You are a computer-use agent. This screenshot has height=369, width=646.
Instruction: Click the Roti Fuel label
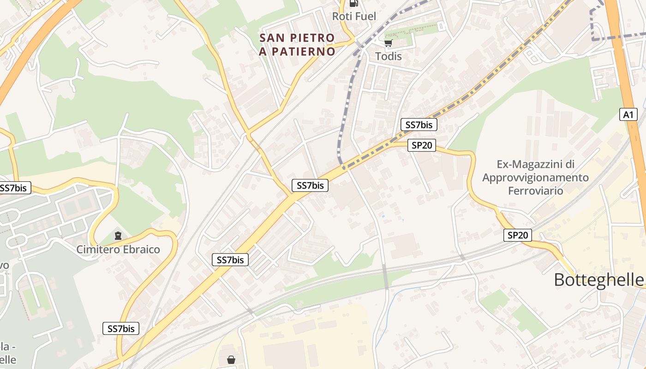click(x=354, y=17)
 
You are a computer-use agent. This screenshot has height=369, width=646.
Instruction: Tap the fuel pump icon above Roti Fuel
click(x=354, y=3)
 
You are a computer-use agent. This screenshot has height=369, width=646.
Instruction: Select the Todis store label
click(x=388, y=56)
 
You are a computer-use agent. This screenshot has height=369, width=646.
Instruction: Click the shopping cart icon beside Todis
click(x=388, y=43)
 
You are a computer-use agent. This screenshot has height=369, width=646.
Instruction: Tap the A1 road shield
click(x=628, y=114)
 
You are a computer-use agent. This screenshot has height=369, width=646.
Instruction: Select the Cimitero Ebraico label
click(x=118, y=250)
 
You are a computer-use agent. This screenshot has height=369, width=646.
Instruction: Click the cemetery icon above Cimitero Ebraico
click(x=118, y=236)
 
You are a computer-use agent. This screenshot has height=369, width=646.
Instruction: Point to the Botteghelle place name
click(x=598, y=280)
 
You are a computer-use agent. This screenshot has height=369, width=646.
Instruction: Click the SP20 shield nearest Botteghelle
click(x=517, y=235)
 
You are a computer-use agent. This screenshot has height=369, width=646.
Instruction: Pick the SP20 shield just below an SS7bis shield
click(x=422, y=145)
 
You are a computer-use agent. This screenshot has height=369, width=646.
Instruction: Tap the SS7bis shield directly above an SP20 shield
click(x=419, y=125)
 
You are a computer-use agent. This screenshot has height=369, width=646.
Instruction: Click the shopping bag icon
click(x=231, y=359)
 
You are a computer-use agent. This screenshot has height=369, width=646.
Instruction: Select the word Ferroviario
click(x=535, y=190)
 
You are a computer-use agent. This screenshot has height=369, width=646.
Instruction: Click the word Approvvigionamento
click(x=535, y=178)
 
